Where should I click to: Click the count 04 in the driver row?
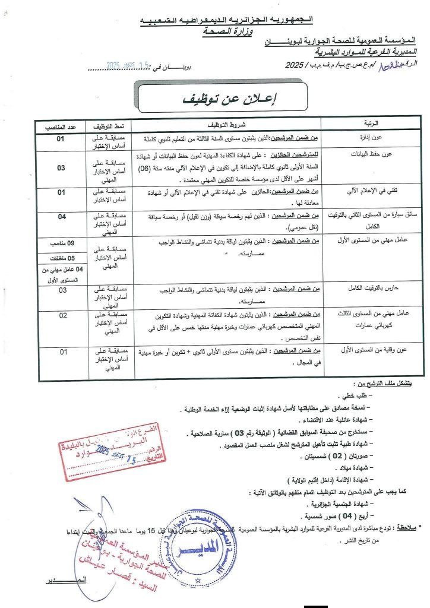pos(62,216)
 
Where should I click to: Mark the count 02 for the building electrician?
pos(62,315)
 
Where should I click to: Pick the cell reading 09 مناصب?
pos(62,243)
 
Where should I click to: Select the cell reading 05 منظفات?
pos(62,258)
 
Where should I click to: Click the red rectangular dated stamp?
pos(117,454)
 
